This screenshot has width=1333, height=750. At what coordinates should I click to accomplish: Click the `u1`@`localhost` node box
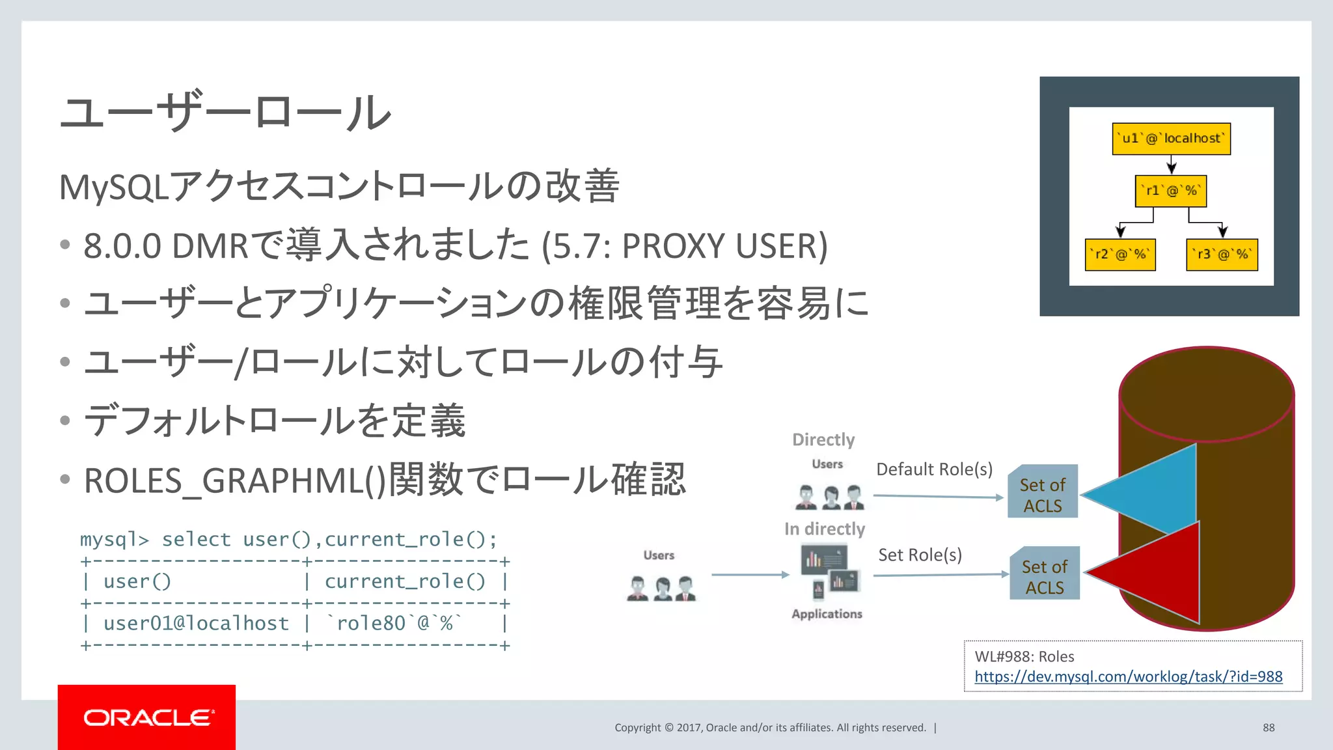tap(1171, 139)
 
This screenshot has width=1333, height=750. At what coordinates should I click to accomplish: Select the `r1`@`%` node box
tap(1170, 191)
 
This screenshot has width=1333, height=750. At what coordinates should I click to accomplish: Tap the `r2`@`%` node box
tap(1120, 255)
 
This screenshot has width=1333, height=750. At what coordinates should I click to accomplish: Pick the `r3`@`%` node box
tap(1222, 255)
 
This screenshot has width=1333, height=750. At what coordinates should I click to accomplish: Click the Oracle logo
tap(147, 717)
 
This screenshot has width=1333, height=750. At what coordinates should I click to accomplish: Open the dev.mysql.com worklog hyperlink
tap(1128, 676)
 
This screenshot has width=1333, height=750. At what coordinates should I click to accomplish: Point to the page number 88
tap(1269, 727)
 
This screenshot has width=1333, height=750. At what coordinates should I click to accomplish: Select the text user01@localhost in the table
tap(196, 623)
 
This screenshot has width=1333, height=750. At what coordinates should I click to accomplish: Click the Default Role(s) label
tap(934, 469)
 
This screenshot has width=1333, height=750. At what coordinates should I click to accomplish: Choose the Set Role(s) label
tap(920, 555)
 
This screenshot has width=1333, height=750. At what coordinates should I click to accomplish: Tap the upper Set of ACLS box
tap(1042, 495)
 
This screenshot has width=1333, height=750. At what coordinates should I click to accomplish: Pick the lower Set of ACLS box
tap(1044, 576)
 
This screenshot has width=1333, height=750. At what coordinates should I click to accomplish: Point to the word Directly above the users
tap(823, 440)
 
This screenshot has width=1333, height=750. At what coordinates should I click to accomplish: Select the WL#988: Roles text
tap(1024, 656)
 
